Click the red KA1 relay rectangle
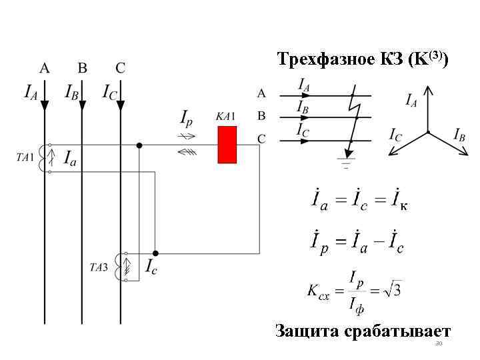(x=228, y=144)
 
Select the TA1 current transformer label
(x=25, y=157)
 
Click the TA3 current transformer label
(x=99, y=268)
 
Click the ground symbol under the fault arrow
(x=345, y=162)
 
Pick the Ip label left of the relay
(x=188, y=117)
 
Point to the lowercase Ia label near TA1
(x=70, y=158)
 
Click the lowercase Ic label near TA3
(x=152, y=266)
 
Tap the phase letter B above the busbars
(x=83, y=67)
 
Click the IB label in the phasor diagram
(x=459, y=134)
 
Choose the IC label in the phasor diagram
(x=396, y=134)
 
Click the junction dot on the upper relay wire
(x=139, y=145)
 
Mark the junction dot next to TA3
(x=155, y=253)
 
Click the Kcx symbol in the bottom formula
(x=318, y=291)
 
